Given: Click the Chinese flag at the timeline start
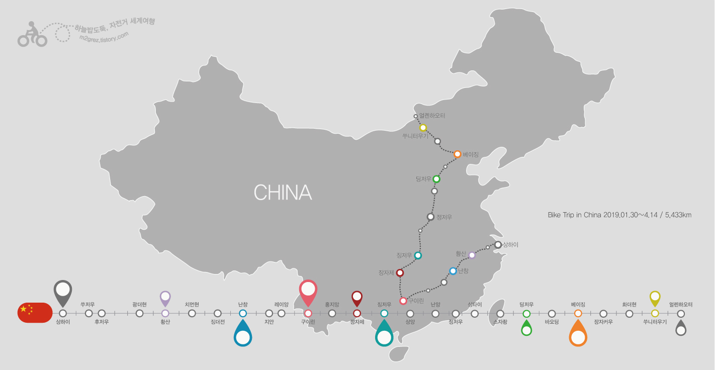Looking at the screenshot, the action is pyautogui.click(x=34, y=313).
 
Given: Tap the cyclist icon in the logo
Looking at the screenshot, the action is pyautogui.click(x=32, y=34).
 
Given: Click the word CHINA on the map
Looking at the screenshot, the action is pyautogui.click(x=283, y=193).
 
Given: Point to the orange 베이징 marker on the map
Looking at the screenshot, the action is pyautogui.click(x=457, y=154).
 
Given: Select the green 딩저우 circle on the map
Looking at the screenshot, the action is pyautogui.click(x=436, y=179).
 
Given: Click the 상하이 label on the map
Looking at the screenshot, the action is pyautogui.click(x=510, y=245).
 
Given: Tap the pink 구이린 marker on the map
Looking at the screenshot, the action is pyautogui.click(x=403, y=301).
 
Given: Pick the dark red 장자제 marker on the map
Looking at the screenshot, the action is pyautogui.click(x=400, y=273).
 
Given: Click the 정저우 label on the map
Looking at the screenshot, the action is pyautogui.click(x=444, y=217).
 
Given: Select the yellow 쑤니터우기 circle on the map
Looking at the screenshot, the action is pyautogui.click(x=423, y=128).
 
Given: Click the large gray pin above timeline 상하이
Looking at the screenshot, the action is pyautogui.click(x=63, y=292).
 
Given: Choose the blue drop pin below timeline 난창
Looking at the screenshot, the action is pyautogui.click(x=243, y=334).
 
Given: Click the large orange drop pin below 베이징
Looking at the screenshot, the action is pyautogui.click(x=578, y=334).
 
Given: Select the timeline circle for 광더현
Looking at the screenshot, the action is pyautogui.click(x=140, y=313).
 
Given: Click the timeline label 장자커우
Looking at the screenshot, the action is pyautogui.click(x=603, y=322).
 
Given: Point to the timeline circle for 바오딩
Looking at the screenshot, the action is pyautogui.click(x=552, y=314).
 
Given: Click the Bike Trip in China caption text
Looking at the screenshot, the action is pyautogui.click(x=619, y=215).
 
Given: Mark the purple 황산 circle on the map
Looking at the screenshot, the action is pyautogui.click(x=472, y=255).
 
